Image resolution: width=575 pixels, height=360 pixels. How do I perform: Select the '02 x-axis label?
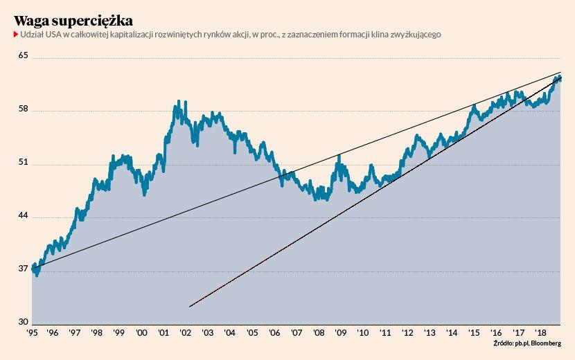186,333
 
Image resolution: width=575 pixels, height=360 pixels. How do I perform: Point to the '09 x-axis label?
340,333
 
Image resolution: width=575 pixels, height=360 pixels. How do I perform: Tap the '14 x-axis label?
451,333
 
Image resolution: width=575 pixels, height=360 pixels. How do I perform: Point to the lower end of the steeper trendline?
189,306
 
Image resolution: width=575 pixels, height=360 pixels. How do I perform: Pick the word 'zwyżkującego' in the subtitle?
415,34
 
